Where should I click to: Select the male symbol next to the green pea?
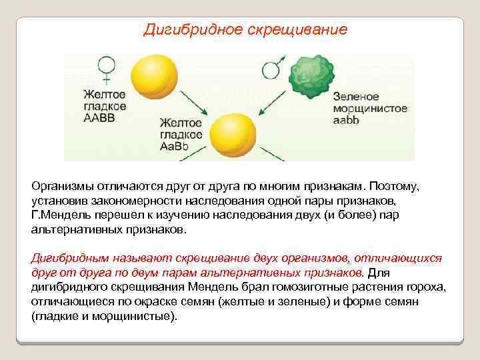[271, 68]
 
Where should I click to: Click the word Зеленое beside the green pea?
[355, 97]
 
